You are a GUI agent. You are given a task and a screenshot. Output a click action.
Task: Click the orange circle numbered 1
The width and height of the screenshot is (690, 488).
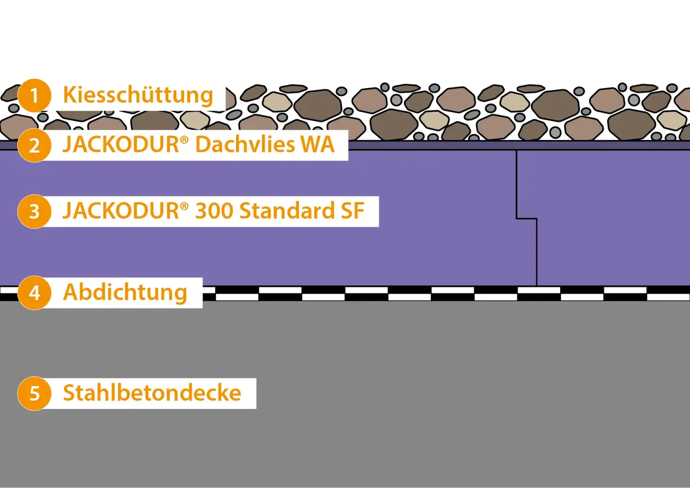(34, 95)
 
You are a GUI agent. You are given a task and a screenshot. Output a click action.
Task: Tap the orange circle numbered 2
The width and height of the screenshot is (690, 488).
(34, 145)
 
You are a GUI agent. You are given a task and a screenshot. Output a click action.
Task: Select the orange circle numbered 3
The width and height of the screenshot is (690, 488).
(34, 211)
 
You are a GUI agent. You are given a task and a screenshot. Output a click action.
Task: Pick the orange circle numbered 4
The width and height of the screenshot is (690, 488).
(34, 293)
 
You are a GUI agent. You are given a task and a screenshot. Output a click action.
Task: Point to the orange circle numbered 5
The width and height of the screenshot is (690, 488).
(34, 394)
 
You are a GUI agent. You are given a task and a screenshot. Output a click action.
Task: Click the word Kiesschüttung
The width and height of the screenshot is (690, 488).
(138, 95)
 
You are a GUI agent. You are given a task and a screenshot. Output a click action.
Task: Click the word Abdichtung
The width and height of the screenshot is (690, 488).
(125, 293)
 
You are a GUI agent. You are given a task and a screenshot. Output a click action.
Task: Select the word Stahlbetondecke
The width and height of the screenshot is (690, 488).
(152, 393)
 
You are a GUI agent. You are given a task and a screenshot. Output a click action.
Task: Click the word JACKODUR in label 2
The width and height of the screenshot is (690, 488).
(121, 145)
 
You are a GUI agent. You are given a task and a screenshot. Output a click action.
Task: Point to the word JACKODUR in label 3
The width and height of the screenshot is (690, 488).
(121, 211)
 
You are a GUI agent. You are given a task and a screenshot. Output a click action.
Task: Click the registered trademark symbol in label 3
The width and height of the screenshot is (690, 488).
(184, 206)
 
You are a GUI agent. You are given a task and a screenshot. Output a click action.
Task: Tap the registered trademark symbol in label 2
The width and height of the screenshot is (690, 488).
(184, 140)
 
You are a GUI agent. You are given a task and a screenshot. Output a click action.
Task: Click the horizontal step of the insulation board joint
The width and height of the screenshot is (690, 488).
(526, 219)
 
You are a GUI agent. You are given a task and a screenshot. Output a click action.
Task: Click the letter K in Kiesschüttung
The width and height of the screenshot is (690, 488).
(69, 95)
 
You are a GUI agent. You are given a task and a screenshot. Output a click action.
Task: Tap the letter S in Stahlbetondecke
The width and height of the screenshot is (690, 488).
(69, 393)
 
